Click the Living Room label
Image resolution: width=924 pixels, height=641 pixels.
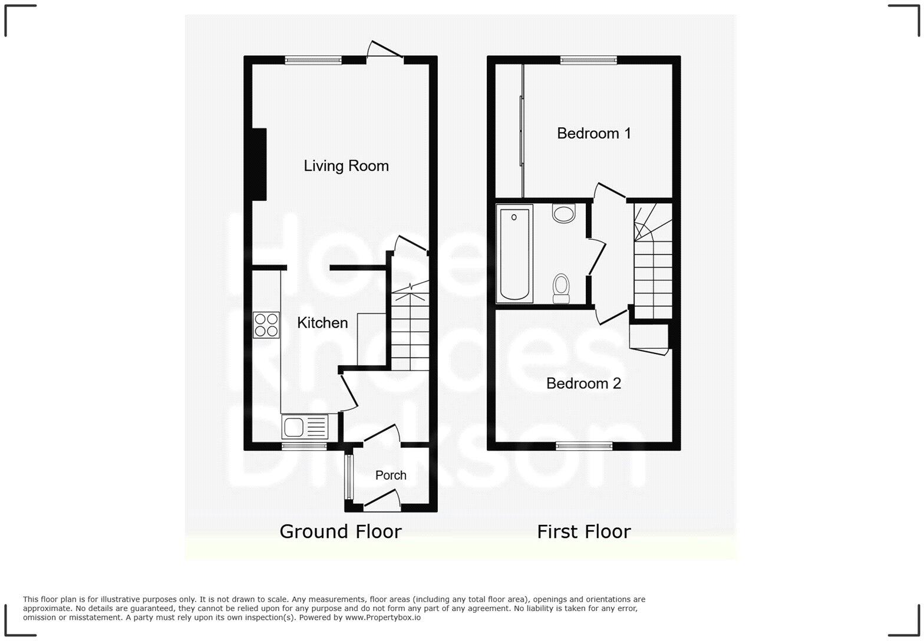click(346, 166)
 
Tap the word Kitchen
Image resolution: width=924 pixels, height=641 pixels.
click(322, 323)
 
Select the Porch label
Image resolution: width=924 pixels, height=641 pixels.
click(391, 475)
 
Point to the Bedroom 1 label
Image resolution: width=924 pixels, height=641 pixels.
click(593, 134)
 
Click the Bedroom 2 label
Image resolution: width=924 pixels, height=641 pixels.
click(583, 384)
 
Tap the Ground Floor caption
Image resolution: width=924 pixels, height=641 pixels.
click(340, 531)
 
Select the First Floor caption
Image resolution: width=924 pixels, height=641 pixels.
click(583, 531)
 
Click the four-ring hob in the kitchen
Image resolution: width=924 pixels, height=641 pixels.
click(266, 325)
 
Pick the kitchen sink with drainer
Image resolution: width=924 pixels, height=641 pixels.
click(305, 427)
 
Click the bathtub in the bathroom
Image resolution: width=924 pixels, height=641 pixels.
click(514, 253)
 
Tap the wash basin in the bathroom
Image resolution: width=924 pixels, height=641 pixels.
click(564, 213)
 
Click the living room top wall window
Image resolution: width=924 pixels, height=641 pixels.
click(313, 60)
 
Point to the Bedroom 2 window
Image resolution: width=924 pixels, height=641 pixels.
click(584, 446)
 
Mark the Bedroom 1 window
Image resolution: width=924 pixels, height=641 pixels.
click(588, 60)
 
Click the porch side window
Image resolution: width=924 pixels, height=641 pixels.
click(348, 477)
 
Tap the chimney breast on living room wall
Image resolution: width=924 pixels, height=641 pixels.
click(259, 164)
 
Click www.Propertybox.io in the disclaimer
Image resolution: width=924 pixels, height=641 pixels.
click(382, 617)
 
